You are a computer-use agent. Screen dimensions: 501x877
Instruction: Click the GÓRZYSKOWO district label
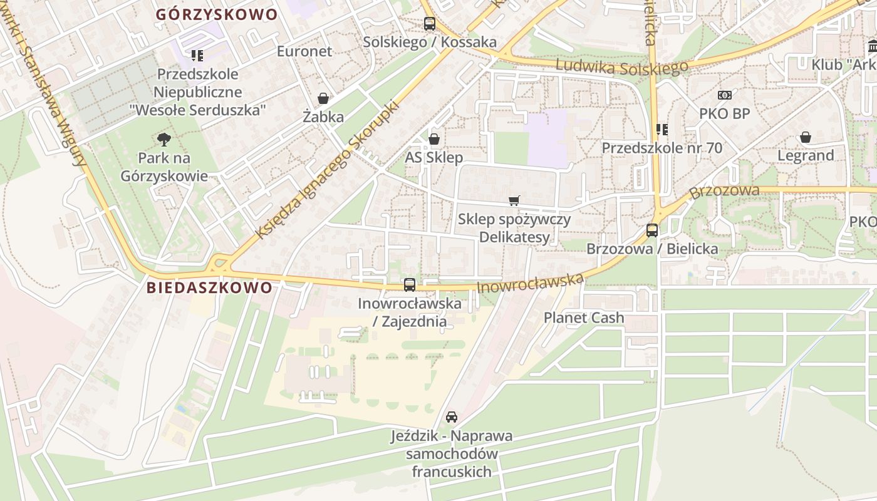pos(216,14)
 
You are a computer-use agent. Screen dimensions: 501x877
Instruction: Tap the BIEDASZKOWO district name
pos(210,287)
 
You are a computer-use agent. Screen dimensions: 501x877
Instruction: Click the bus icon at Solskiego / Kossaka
pos(429,24)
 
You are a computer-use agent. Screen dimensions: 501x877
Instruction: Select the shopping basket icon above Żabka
pos(323,98)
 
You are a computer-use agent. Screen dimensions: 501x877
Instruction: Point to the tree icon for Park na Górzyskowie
pos(164,139)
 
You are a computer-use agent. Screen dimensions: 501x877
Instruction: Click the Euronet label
pos(304,51)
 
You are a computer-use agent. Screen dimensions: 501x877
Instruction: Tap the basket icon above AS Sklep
pos(433,139)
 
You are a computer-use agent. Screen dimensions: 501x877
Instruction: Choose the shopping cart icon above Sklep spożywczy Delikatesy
pos(514,201)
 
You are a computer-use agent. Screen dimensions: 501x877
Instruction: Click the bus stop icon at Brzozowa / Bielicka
pos(652,230)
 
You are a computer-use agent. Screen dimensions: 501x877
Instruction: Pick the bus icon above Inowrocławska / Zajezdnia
pos(410,285)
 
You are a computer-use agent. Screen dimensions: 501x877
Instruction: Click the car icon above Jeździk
pos(451,417)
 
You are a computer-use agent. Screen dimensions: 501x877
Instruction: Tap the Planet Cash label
pos(584,318)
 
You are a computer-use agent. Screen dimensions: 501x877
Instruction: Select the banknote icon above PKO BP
pos(725,95)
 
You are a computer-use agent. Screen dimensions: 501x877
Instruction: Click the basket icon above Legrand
pos(806,137)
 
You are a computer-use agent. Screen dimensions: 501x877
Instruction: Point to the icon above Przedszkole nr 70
pos(662,130)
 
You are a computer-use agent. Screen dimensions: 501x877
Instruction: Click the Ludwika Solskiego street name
pos(622,66)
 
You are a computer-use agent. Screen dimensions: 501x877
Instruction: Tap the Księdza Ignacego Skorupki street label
pos(327,170)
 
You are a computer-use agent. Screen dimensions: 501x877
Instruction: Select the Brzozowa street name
pos(724,190)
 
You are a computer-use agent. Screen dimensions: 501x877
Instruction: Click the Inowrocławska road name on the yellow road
pos(530,283)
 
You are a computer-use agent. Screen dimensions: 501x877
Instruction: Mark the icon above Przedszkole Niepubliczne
pos(197,56)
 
